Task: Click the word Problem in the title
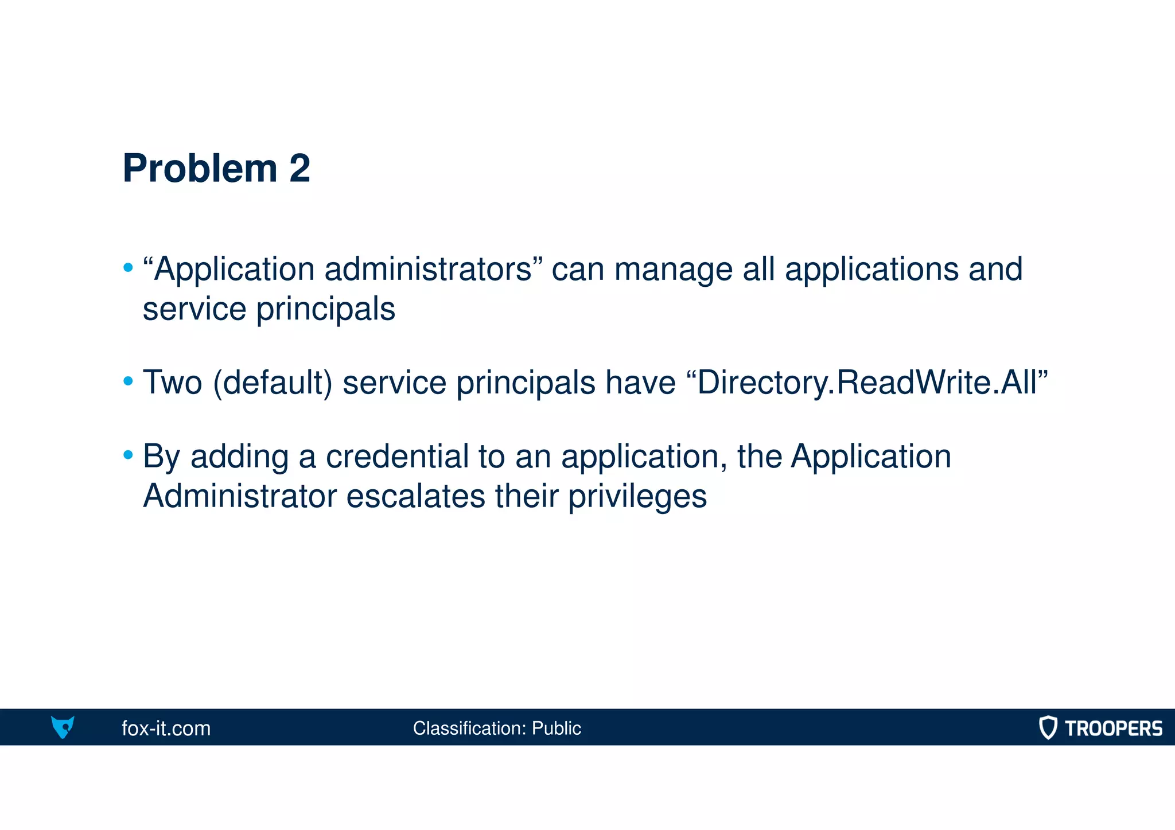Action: point(200,169)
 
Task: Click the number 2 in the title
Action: point(299,169)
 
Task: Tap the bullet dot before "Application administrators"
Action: point(128,267)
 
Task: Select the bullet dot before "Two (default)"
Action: point(128,381)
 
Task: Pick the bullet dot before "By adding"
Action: point(128,455)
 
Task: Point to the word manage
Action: point(674,270)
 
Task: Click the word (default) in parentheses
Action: point(273,383)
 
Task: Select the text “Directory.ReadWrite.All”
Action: point(867,383)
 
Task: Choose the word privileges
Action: point(637,497)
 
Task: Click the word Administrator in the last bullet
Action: point(239,496)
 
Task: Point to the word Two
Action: point(172,382)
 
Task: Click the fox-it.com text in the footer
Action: point(166,728)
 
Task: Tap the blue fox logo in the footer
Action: point(63,727)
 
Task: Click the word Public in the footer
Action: point(556,728)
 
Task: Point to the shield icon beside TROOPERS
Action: point(1048,727)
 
